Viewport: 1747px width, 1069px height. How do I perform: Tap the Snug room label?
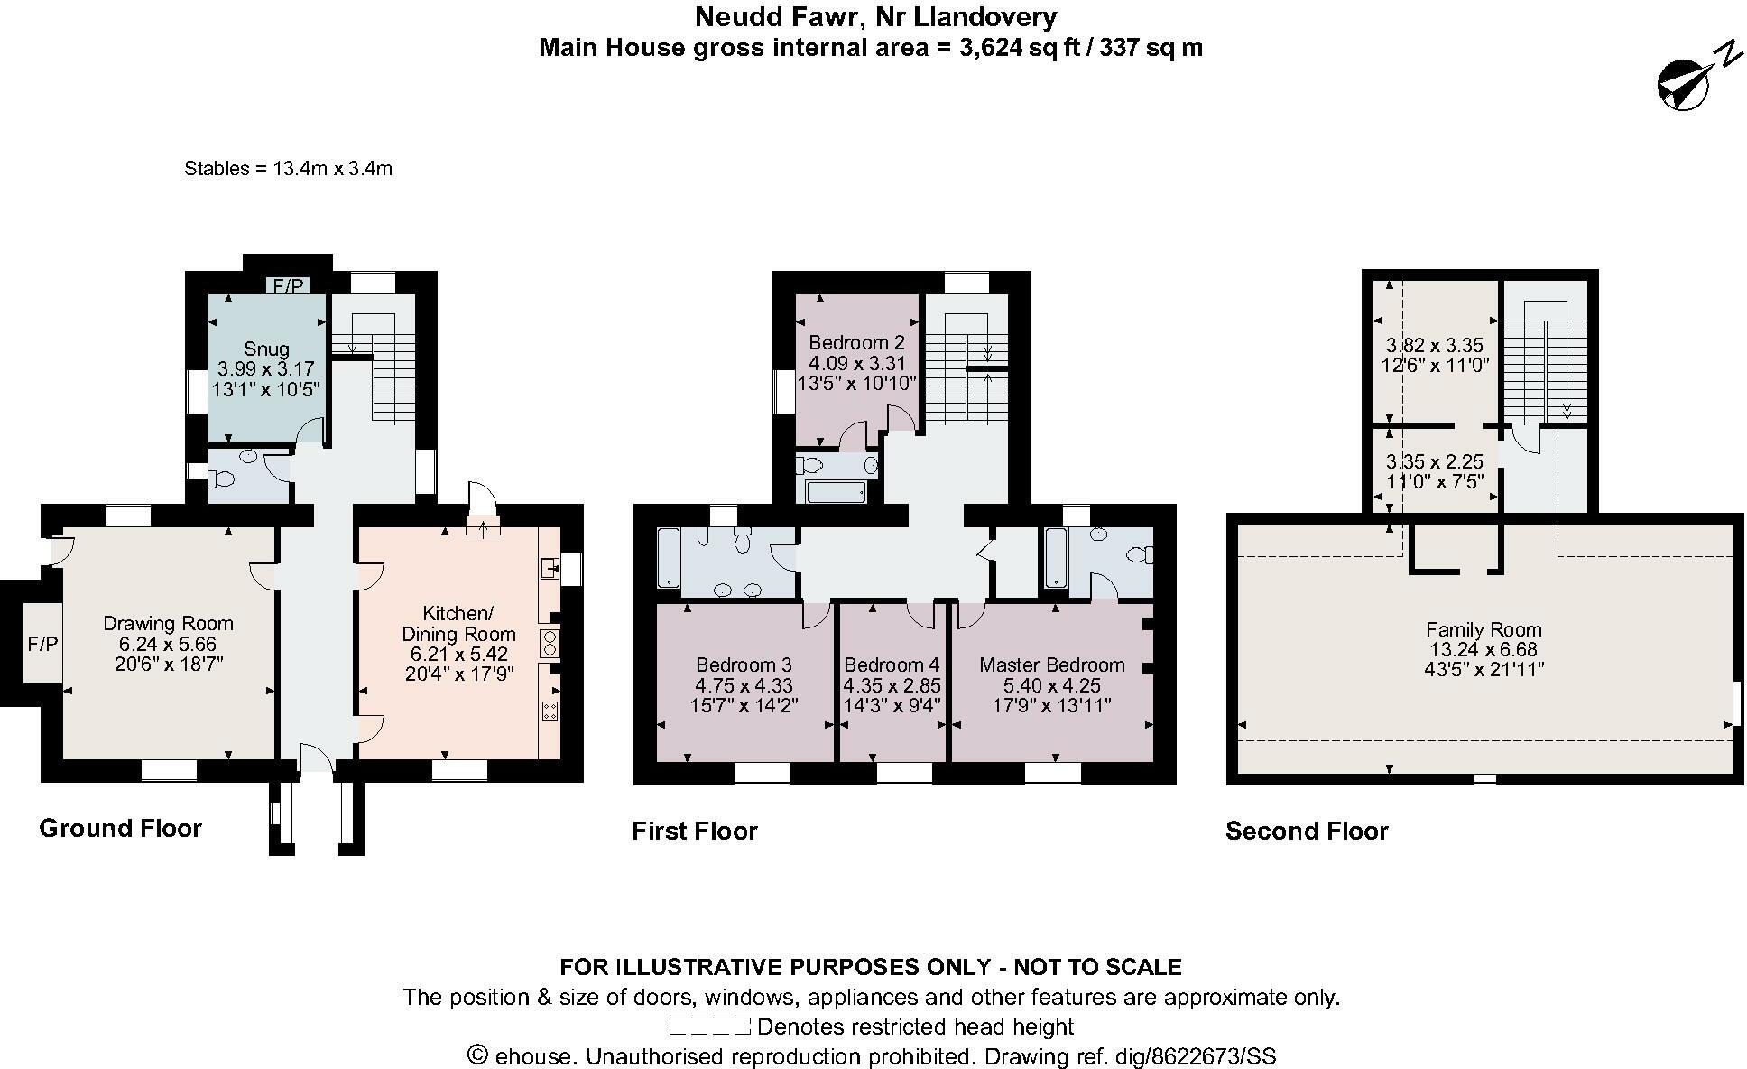(x=266, y=349)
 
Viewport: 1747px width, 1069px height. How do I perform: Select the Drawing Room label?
(x=168, y=623)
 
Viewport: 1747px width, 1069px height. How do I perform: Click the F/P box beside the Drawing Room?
(x=42, y=644)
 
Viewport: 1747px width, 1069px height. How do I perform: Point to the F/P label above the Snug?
(x=288, y=286)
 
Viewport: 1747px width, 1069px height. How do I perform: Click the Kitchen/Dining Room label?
(x=458, y=623)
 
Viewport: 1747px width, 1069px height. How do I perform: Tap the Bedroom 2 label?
(x=856, y=343)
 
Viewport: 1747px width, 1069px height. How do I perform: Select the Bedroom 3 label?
(x=744, y=665)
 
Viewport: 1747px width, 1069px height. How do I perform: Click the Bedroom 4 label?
(x=892, y=665)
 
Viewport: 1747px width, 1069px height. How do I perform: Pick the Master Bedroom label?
(x=1052, y=665)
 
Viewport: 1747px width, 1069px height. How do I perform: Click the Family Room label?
(x=1484, y=629)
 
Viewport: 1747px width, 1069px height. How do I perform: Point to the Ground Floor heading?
(x=120, y=828)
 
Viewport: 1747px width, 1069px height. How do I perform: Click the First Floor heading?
(x=694, y=831)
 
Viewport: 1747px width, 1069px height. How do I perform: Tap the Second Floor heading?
(x=1306, y=831)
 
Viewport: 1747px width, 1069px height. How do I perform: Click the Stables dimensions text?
(x=288, y=168)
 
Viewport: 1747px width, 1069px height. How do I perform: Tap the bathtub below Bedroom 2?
(x=836, y=492)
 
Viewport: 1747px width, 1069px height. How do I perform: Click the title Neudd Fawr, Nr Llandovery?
(x=875, y=16)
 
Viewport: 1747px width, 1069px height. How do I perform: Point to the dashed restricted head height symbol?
(x=709, y=1027)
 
